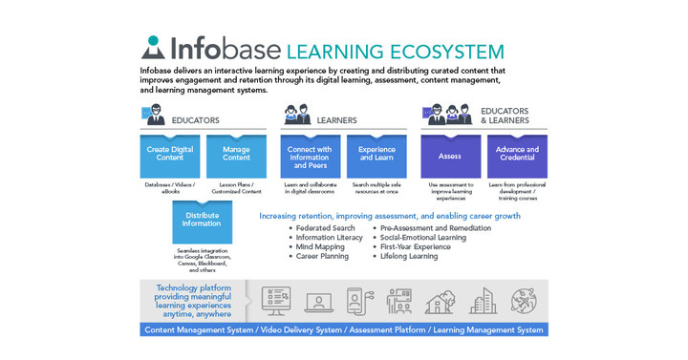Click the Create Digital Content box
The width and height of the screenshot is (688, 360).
point(170,154)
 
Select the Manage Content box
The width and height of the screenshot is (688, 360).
point(236,154)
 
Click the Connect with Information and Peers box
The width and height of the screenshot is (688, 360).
point(310,154)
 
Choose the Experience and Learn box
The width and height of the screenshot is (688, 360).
point(376,154)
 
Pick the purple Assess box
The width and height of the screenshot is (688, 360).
point(450,154)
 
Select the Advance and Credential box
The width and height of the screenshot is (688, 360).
point(517,154)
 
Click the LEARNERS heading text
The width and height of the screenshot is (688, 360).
point(336,120)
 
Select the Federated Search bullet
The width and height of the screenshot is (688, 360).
point(326,228)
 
